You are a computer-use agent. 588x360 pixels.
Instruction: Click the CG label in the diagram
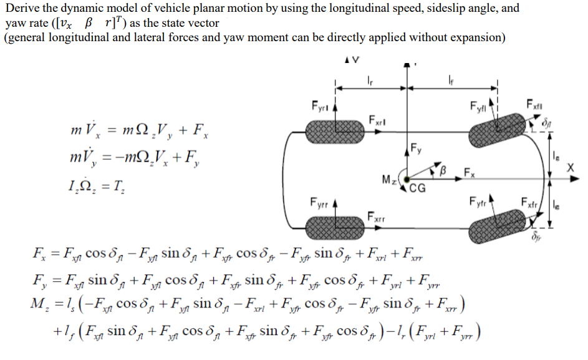point(419,189)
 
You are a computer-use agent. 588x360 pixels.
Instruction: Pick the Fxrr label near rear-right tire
point(376,218)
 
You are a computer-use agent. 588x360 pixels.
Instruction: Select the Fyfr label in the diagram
point(478,202)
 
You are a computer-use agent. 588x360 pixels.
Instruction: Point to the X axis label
point(571,168)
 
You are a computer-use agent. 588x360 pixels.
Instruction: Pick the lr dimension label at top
point(371,79)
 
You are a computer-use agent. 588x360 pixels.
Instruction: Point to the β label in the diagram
point(445,169)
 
